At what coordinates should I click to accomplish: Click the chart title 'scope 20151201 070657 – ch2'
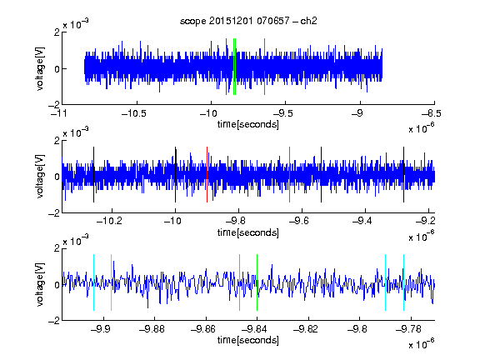click(x=248, y=21)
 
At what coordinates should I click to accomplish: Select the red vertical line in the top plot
click(x=226, y=67)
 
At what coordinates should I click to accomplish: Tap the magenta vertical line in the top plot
click(x=264, y=67)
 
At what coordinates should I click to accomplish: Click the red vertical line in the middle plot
click(x=207, y=174)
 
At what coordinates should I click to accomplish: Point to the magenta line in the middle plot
click(x=290, y=174)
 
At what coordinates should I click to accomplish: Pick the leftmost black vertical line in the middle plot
click(x=93, y=174)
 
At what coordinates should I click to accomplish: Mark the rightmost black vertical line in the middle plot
click(x=404, y=174)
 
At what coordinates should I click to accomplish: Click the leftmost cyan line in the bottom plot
click(x=93, y=282)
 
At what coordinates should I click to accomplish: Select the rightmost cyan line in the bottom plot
click(x=404, y=282)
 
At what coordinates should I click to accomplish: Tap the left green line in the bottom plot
click(x=239, y=282)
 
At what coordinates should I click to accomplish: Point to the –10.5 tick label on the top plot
click(x=134, y=113)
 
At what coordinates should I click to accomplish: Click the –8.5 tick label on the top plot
click(x=432, y=113)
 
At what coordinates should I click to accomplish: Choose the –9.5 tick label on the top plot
click(x=282, y=113)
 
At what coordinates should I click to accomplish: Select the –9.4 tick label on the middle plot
click(x=362, y=220)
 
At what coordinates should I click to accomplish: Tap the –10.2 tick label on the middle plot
click(x=109, y=220)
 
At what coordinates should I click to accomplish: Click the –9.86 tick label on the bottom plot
click(x=203, y=329)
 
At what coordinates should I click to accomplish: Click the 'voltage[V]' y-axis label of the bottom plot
click(x=40, y=284)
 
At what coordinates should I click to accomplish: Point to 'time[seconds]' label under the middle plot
click(x=248, y=232)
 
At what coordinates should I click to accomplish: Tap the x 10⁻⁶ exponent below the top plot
click(x=421, y=128)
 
